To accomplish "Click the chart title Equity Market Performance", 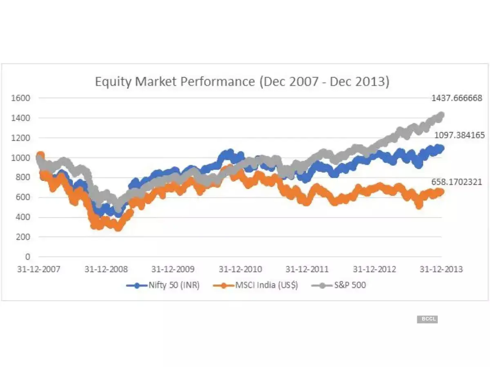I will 242,82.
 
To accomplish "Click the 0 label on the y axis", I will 28,257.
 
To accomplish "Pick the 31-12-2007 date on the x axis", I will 39,270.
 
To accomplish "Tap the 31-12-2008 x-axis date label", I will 106,270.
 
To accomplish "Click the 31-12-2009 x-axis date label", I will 173,270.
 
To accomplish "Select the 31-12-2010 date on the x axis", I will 240,270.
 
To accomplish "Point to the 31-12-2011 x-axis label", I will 307,270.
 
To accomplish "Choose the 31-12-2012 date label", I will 374,270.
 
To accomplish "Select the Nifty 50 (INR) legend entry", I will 163,285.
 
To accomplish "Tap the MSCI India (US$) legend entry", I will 256,285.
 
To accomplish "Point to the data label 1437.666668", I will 457,98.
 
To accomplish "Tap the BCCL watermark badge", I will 427,319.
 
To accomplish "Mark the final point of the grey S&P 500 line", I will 441,115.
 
